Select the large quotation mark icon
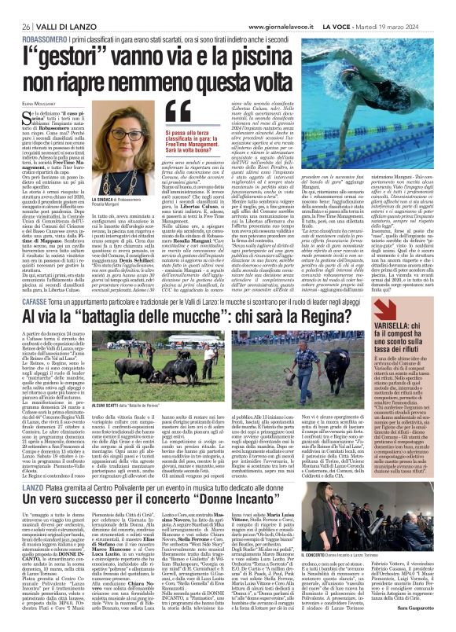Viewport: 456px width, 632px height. coord(178,114)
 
